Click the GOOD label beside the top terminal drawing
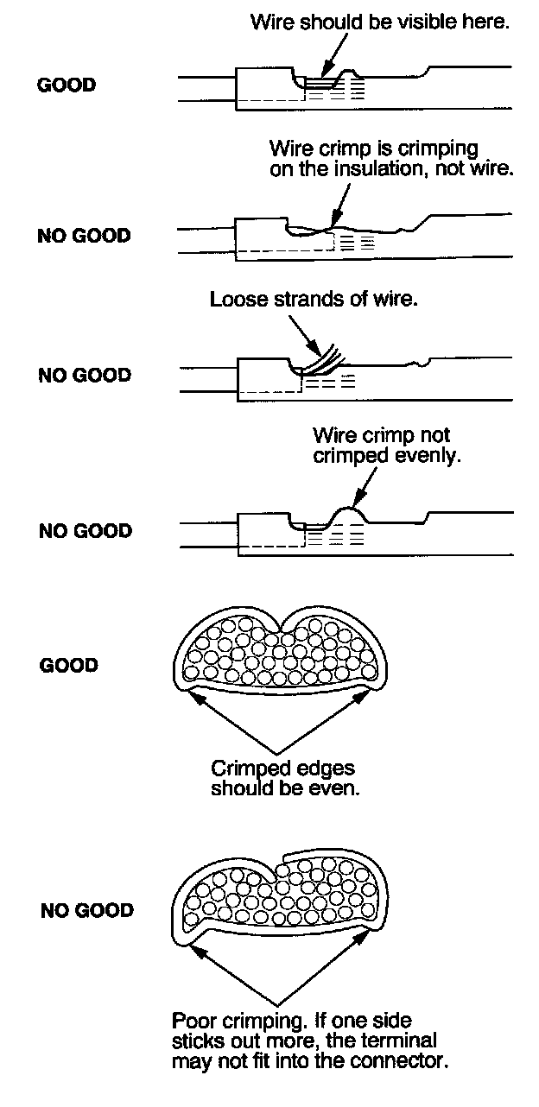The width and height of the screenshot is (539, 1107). coord(67,85)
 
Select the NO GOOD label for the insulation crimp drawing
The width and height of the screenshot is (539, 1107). coord(85,236)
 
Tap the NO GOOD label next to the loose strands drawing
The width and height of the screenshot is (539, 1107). coord(85,375)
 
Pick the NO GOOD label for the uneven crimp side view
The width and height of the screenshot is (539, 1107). coord(85,530)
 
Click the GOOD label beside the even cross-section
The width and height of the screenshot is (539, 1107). coord(68,666)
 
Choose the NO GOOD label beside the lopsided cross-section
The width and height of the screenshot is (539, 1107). coord(86,910)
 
